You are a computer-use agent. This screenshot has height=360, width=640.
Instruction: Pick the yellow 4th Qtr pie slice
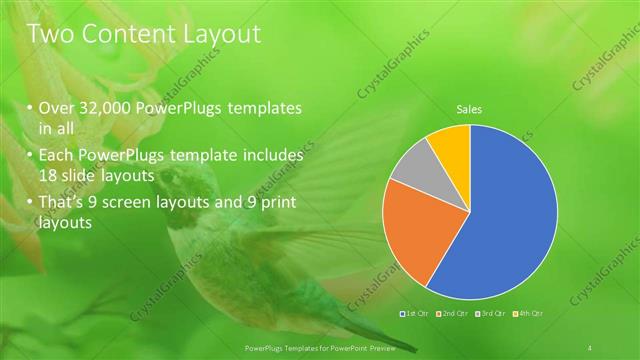coord(452,145)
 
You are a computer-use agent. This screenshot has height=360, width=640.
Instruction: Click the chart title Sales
coord(469,108)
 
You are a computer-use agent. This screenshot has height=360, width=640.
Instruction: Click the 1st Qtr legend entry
coord(415,314)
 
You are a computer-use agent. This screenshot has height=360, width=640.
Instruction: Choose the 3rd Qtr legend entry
coord(490,314)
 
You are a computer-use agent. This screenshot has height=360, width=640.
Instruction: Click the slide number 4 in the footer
coord(590,347)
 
